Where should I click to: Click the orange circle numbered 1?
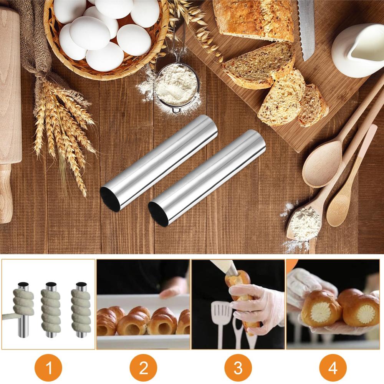click(48, 367)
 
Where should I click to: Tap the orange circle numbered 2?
click(143, 367)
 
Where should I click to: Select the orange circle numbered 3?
click(238, 367)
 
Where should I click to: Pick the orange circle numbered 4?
click(333, 367)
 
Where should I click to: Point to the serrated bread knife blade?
click(306, 30)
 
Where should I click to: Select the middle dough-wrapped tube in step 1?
click(51, 310)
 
